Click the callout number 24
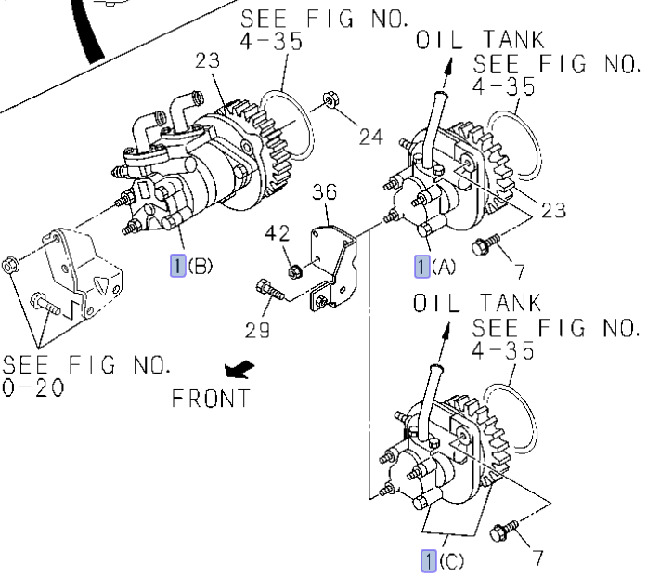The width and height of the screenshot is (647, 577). point(370,138)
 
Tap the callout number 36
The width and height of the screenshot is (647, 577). point(324,192)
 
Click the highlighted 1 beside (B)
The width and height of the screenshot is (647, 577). point(176,267)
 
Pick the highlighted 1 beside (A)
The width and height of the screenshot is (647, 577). point(422,268)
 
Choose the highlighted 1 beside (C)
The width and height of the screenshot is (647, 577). point(429,560)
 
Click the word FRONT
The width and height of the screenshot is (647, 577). point(211,399)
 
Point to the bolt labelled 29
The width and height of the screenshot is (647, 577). point(266,289)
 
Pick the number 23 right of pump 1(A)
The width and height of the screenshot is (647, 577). point(553,211)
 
